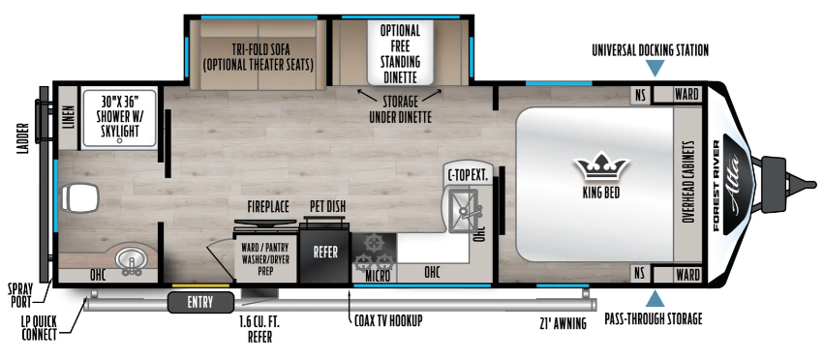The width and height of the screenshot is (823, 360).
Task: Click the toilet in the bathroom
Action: click(79, 198)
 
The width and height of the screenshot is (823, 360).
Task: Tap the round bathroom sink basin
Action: click(130, 257)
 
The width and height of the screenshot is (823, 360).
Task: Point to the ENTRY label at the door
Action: click(200, 302)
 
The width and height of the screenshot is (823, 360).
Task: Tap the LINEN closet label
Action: click(69, 117)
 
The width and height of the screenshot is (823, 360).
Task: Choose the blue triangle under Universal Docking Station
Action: click(655, 67)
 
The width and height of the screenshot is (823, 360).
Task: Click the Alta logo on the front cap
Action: click(738, 184)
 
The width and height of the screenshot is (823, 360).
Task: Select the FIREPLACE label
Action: click(268, 207)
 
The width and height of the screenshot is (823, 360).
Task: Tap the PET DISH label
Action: click(327, 207)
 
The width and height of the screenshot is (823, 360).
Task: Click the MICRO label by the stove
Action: click(378, 276)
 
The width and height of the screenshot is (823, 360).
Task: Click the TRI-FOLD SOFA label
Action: click(259, 50)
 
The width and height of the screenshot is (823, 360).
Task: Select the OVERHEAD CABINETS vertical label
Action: click(688, 182)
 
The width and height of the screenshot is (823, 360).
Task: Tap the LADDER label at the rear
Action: click(21, 139)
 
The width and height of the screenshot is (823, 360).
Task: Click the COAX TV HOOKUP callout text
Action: click(387, 320)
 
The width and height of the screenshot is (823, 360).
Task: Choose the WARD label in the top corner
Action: click(686, 95)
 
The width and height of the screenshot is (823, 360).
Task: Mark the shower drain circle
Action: click(120, 140)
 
